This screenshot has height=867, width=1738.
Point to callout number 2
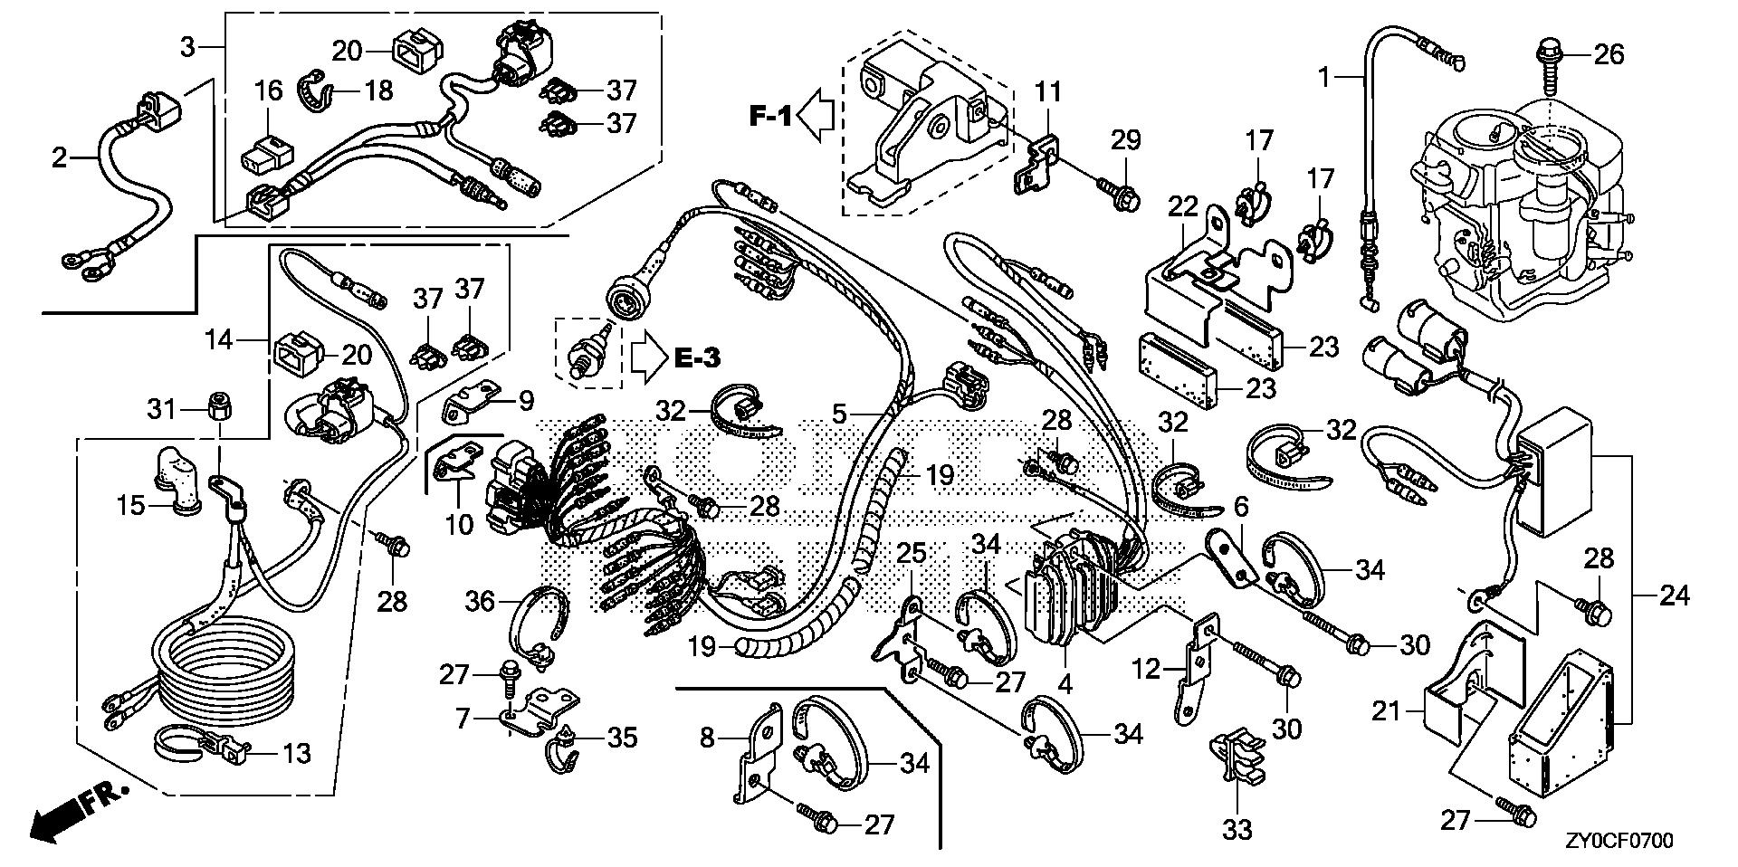[60, 159]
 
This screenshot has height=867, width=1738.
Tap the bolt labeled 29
[1119, 192]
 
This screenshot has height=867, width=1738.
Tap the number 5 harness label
[840, 414]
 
